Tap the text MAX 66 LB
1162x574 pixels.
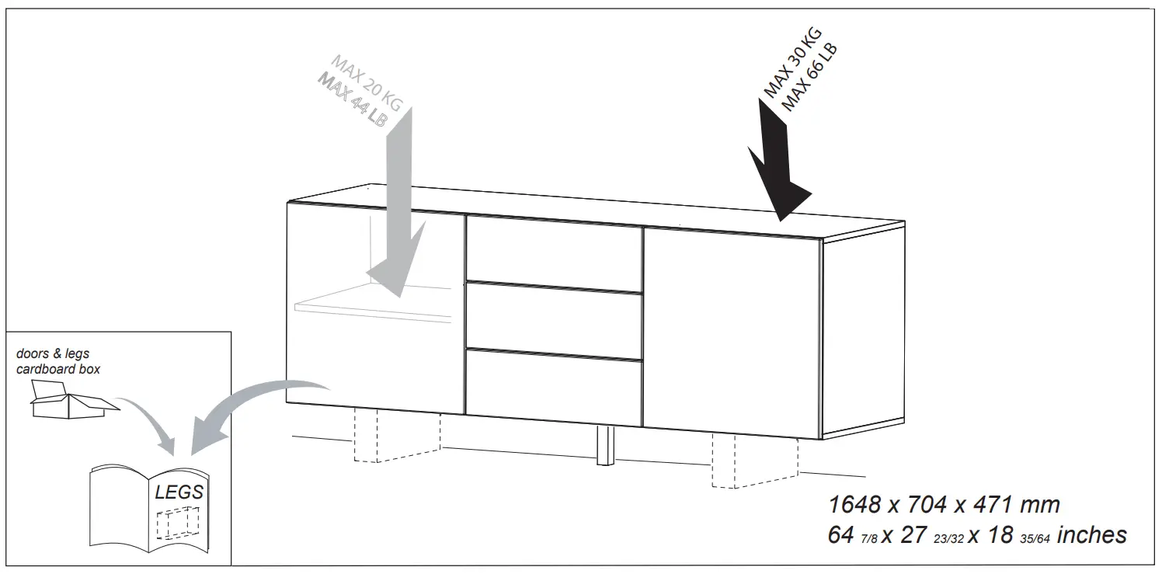(809, 78)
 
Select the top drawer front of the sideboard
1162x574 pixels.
(554, 249)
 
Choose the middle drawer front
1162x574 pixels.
(554, 317)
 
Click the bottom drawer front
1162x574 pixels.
(554, 387)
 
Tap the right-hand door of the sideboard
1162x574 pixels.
(732, 330)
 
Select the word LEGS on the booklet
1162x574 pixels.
(179, 492)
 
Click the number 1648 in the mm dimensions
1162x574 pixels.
(854, 505)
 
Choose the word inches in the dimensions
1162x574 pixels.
(1091, 535)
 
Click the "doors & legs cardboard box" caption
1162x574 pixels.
(58, 361)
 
